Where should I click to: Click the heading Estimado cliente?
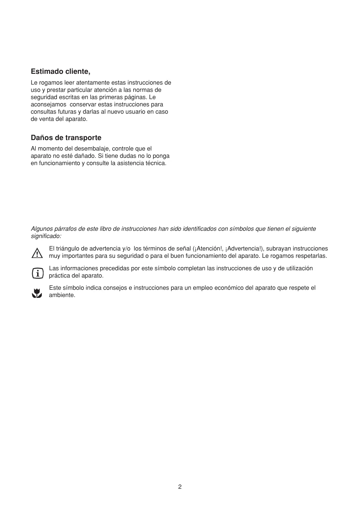point(60,71)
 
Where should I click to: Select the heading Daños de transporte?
point(66,138)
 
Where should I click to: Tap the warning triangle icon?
point(37,253)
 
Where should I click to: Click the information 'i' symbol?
point(37,273)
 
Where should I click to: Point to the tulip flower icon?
point(37,293)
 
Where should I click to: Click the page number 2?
point(180,487)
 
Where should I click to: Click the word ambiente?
point(62,295)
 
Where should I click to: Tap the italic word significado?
point(46,236)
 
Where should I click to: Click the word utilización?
point(299,268)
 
